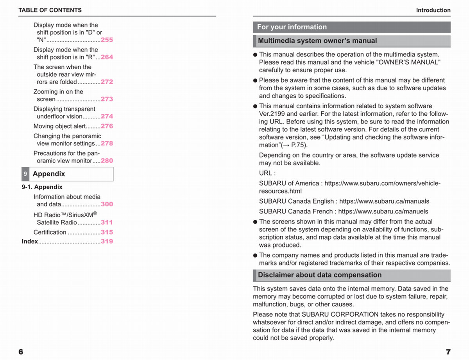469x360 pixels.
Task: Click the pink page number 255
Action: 107,40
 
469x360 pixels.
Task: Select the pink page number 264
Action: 107,57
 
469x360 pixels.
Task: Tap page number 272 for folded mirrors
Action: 107,82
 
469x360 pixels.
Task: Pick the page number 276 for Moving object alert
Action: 107,126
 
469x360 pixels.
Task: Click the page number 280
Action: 107,161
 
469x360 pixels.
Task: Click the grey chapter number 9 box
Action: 25,174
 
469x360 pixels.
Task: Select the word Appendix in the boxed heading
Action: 49,174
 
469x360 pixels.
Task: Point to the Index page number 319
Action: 107,242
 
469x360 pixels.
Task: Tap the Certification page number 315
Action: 107,232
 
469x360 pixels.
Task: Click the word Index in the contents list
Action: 30,242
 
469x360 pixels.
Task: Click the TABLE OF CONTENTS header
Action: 50,10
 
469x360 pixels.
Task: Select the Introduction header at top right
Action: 433,10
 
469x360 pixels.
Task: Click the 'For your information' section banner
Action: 292,27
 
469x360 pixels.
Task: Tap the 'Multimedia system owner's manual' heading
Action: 317,41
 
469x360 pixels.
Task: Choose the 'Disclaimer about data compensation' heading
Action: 320,275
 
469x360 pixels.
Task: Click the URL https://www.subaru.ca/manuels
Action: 383,211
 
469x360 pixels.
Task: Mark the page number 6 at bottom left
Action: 21,351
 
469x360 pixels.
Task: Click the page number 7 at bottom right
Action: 448,351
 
